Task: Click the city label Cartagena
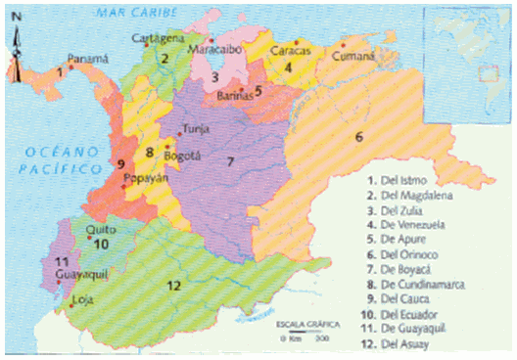point(158,37)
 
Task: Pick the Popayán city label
point(145,179)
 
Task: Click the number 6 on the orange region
point(359,136)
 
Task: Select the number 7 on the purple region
point(230,161)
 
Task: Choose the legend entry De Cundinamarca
point(421,283)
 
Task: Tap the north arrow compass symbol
point(16,54)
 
